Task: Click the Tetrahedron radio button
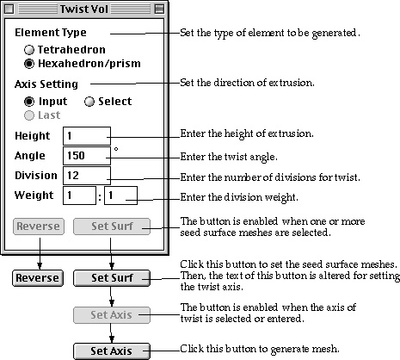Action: [x=29, y=50]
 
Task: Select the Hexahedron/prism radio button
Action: [x=29, y=64]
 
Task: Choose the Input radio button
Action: [x=29, y=102]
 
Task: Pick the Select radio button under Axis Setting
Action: [x=89, y=102]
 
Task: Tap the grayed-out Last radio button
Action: [x=29, y=115]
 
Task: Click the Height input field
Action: [x=87, y=136]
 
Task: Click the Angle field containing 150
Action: [x=87, y=156]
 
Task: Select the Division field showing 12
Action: [x=87, y=176]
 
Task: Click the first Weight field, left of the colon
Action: [x=79, y=196]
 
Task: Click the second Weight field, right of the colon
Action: [x=120, y=196]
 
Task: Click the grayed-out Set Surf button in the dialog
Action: [x=112, y=227]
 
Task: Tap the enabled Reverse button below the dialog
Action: [x=38, y=278]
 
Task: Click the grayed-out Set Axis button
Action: [x=112, y=315]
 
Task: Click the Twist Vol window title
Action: [x=84, y=9]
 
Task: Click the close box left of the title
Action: [x=9, y=9]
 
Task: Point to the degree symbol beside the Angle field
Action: [x=116, y=149]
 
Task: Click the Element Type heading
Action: [x=51, y=33]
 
